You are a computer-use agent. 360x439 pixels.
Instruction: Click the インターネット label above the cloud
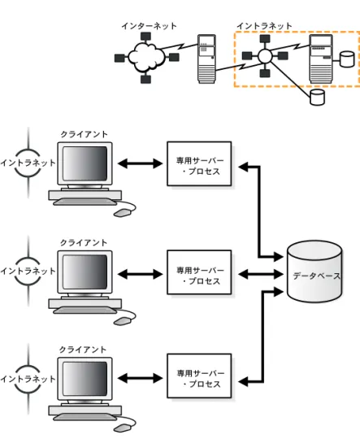coord(149,26)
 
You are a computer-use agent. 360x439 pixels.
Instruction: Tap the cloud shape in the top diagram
coord(145,57)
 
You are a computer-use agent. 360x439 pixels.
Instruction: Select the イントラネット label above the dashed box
coord(264,26)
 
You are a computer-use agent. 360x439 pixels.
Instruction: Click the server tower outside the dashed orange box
coord(207,59)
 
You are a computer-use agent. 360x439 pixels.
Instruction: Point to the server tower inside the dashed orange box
coord(321,59)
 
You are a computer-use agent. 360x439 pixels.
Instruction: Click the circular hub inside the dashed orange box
coord(265,56)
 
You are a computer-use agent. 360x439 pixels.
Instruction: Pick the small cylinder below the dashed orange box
coord(317,98)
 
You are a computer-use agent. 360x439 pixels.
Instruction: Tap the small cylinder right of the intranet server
coord(347,59)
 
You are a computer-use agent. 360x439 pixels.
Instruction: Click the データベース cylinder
coord(314,271)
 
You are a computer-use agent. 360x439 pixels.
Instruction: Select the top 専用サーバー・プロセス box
coord(199,163)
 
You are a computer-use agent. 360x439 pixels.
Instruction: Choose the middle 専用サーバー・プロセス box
coord(199,272)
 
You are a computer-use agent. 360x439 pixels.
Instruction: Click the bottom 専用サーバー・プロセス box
coord(199,376)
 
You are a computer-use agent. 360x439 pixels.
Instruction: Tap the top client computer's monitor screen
coord(85,163)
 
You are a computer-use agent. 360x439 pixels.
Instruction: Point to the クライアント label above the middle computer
coord(84,242)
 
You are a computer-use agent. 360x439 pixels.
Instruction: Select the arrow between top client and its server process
coord(140,163)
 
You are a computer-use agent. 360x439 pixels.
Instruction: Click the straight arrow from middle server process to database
coord(261,274)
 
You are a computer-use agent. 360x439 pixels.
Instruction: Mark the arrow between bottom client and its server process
coord(140,378)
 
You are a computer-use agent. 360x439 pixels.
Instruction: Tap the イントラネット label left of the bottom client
coord(28,379)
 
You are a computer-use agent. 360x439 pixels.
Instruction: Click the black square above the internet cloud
coord(145,37)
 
